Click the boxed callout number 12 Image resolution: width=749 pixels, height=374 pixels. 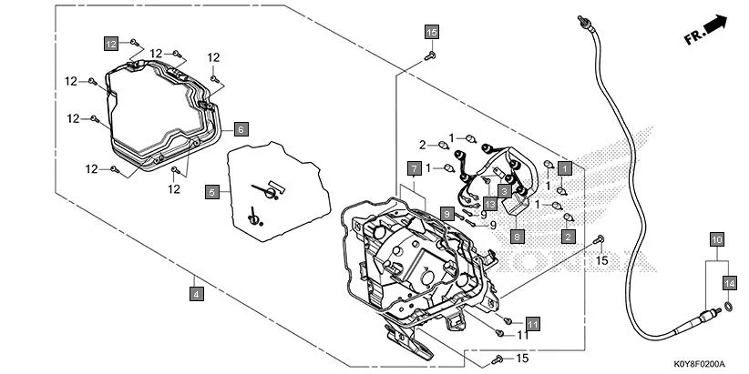click(x=110, y=44)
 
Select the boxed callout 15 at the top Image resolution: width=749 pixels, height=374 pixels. click(x=432, y=32)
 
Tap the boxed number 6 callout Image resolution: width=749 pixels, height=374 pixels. click(x=241, y=129)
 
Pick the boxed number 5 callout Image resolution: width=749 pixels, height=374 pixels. click(x=212, y=192)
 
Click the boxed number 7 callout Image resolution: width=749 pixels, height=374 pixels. click(x=413, y=169)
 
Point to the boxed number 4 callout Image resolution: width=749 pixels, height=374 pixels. click(x=195, y=293)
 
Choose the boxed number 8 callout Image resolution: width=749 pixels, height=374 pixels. click(x=517, y=236)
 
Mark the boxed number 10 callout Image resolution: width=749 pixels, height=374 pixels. click(x=717, y=240)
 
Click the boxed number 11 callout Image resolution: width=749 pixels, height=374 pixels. click(x=532, y=323)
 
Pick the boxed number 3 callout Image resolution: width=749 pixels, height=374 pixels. click(x=503, y=191)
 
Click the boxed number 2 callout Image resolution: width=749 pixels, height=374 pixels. click(x=567, y=237)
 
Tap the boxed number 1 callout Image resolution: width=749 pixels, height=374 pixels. click(x=565, y=168)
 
